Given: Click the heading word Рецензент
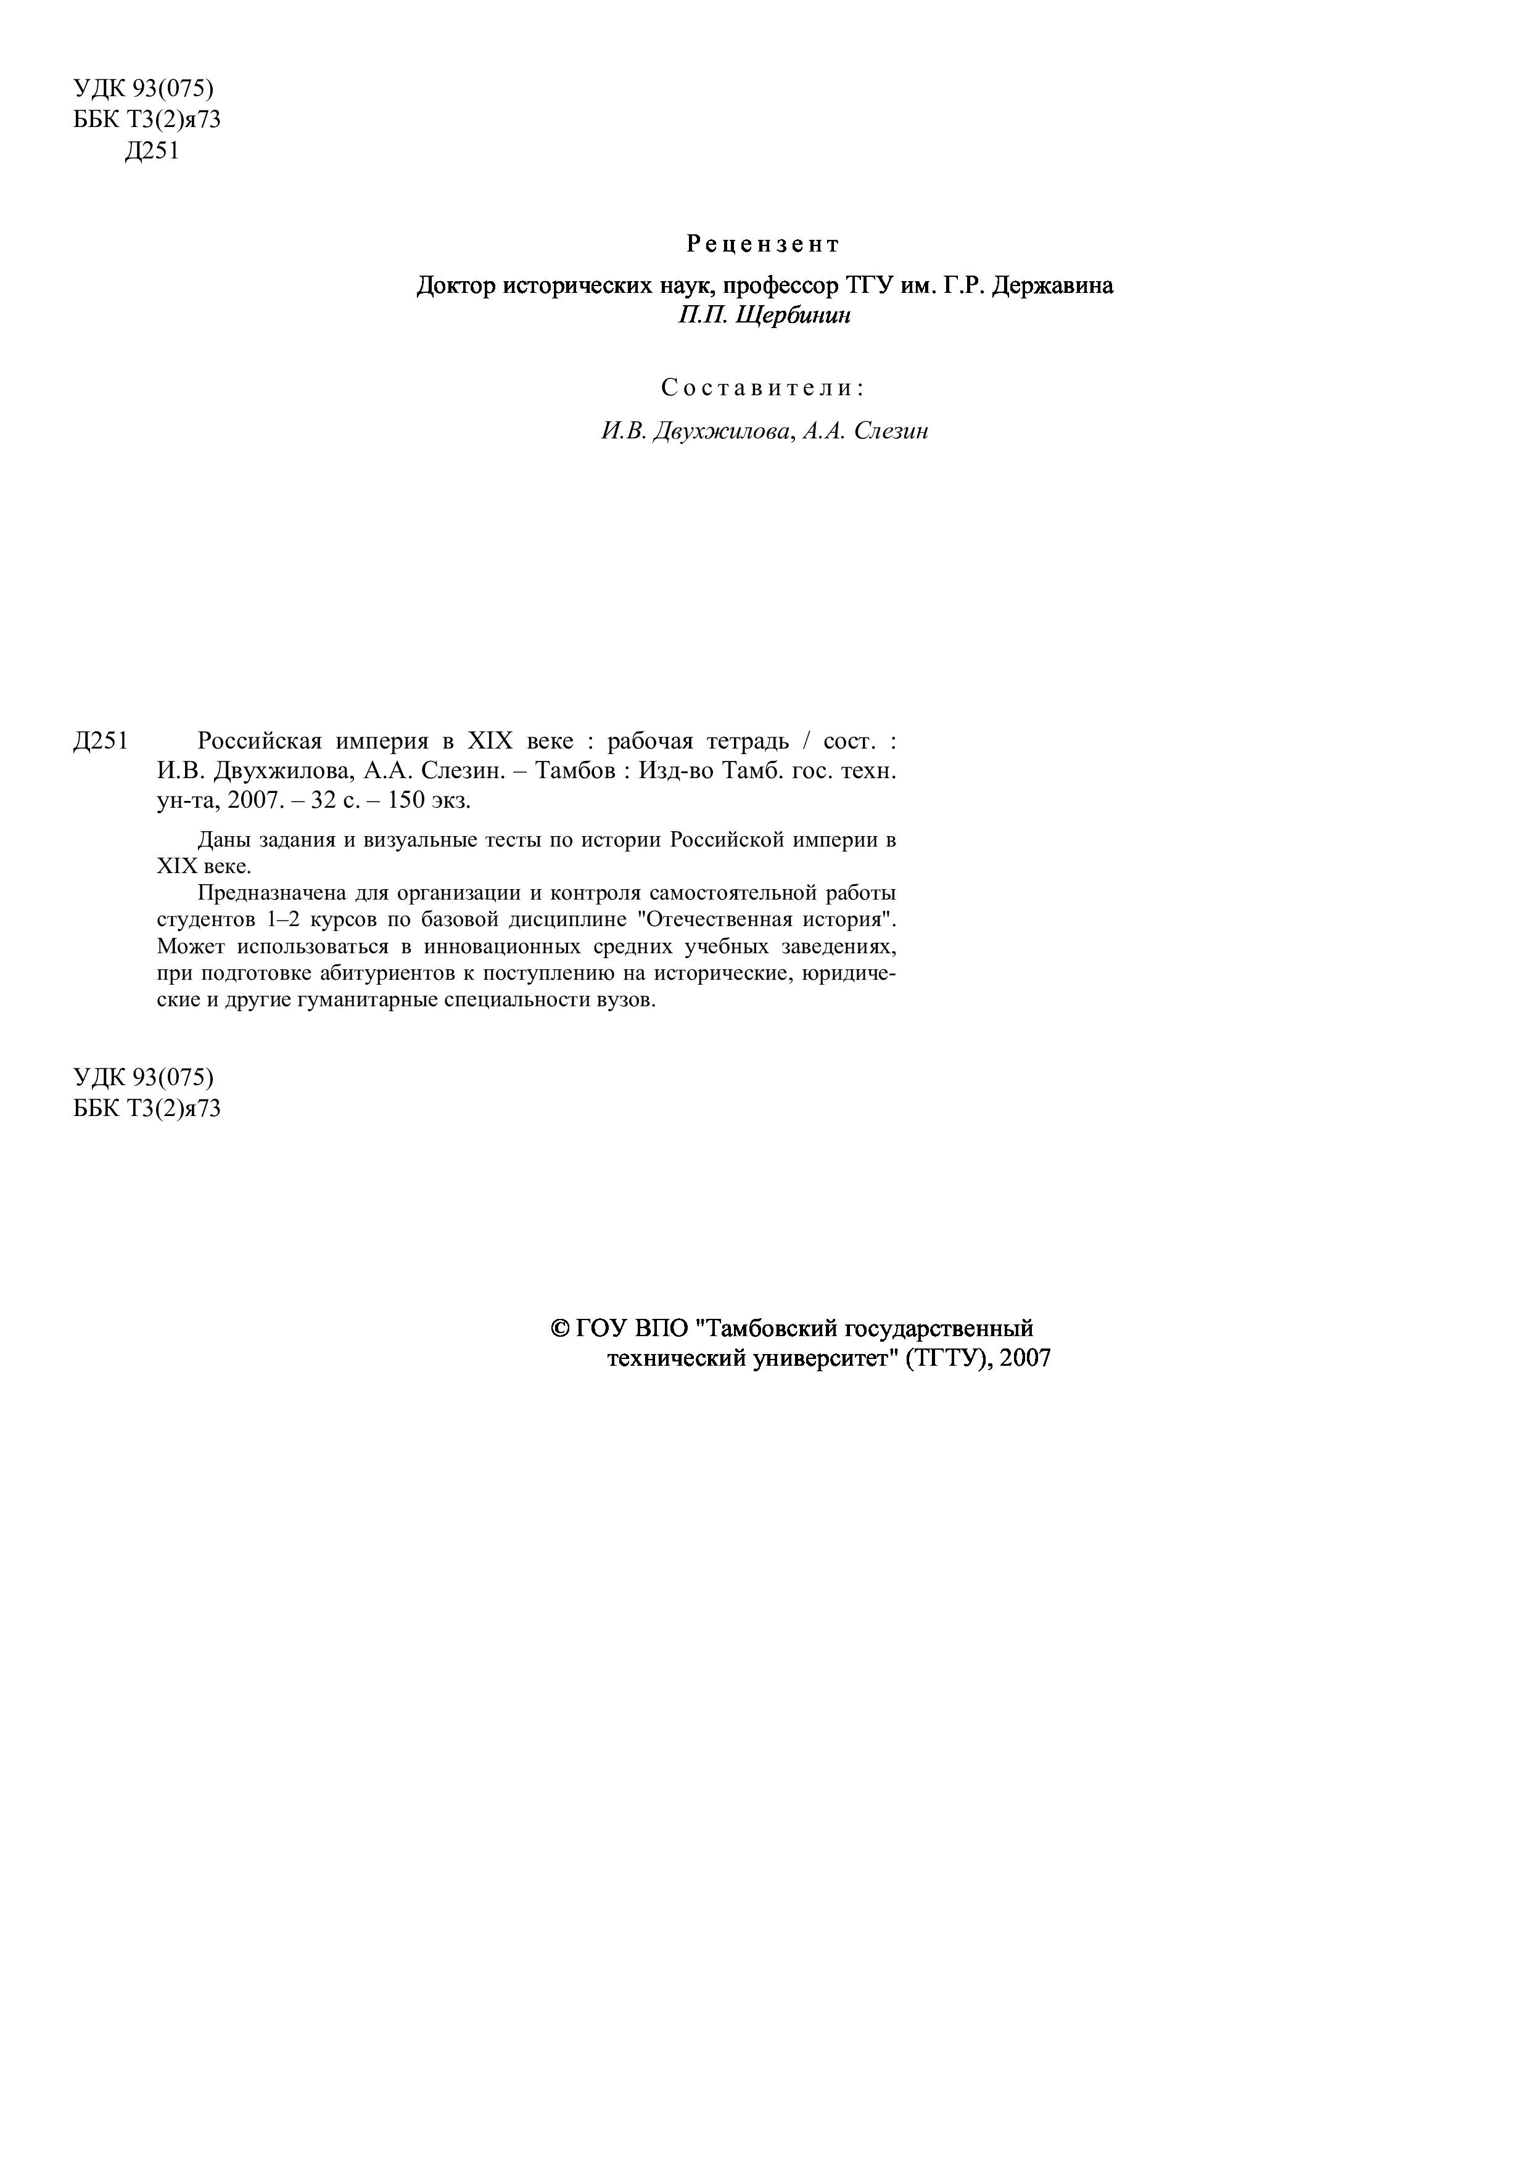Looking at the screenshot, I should tap(762, 245).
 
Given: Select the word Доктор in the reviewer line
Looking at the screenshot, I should tap(455, 285).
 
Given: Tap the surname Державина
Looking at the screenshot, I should tap(1050, 285).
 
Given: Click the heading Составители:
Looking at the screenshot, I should tap(762, 387).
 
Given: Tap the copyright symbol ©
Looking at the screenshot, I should tap(559, 1328).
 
